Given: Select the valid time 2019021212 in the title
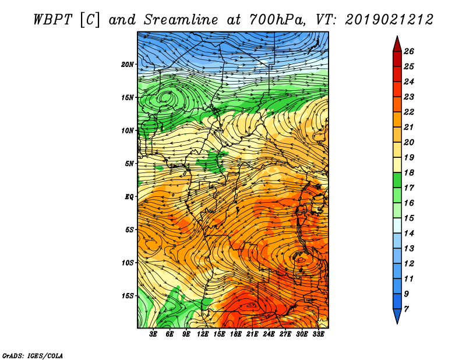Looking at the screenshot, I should coord(389,19).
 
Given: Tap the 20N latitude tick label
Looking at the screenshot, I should coord(128,64).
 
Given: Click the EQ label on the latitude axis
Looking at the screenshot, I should coord(129,196).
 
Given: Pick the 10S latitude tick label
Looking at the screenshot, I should coord(128,263).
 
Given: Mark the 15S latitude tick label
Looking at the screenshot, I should coord(128,296).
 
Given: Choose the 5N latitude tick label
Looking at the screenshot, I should coord(129,163).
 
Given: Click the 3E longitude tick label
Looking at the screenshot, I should coord(154,335).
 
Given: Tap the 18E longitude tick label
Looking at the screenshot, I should coord(236,335).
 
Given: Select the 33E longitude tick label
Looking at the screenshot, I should coord(319,335).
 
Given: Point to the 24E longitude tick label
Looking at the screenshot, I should coord(269,335).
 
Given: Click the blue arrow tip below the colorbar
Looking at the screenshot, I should coord(397,316).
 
